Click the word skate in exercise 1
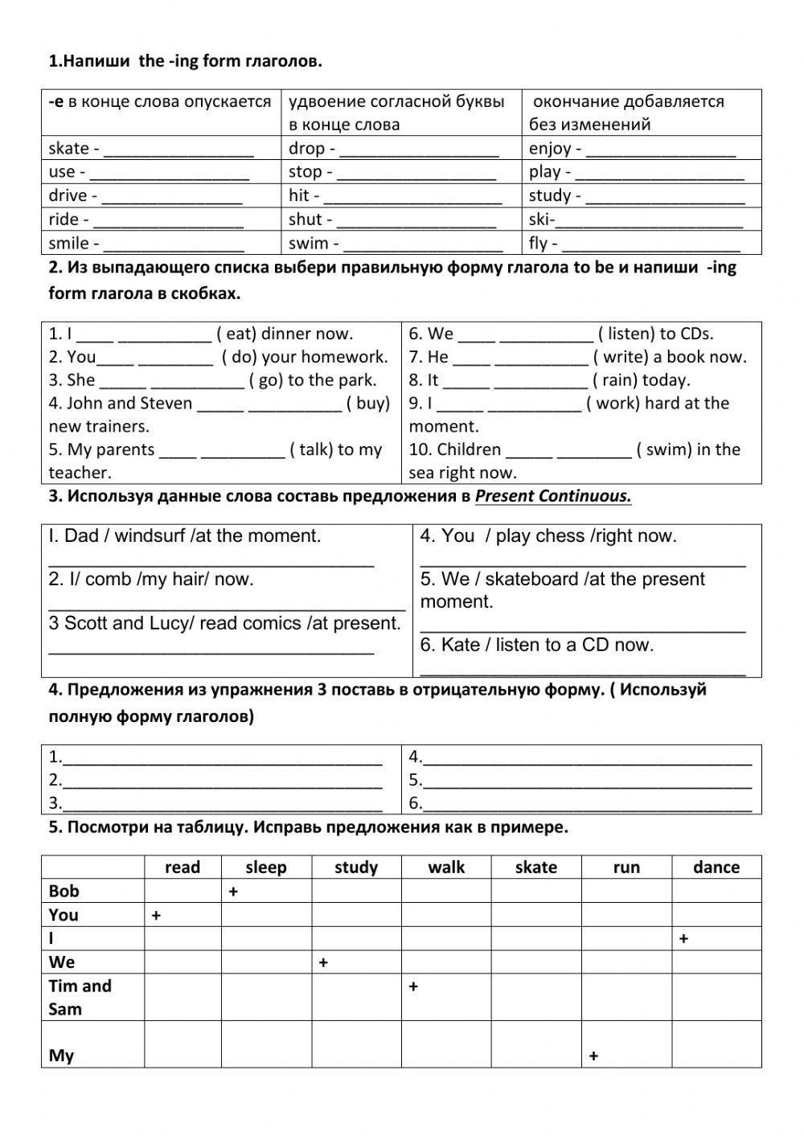pos(68,148)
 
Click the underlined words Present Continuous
pos(552,496)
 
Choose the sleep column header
pos(266,867)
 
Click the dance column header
pos(716,867)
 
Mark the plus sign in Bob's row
pos(233,892)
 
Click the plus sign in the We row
pos(323,962)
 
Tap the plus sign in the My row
pos(593,1056)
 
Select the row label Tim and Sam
pos(80,997)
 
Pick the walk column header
pos(446,867)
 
